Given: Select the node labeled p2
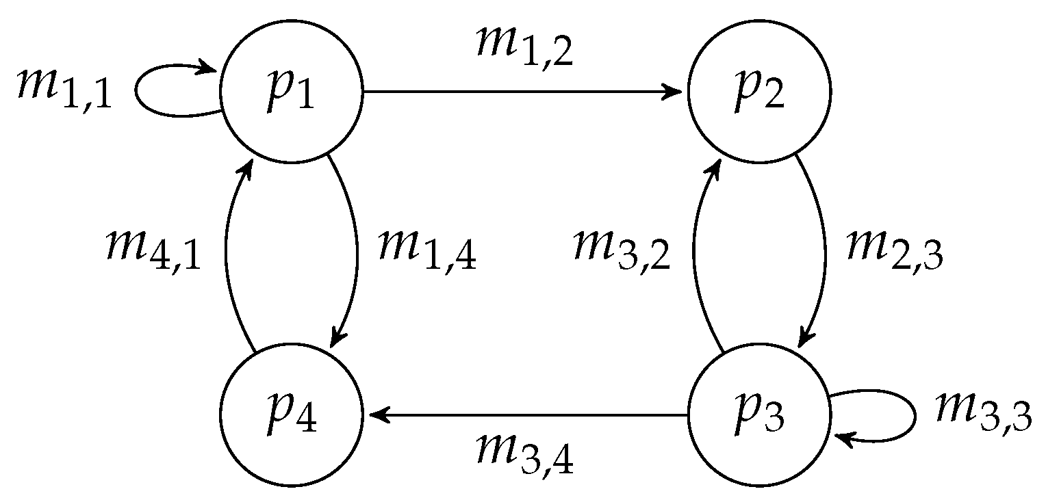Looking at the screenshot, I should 758,92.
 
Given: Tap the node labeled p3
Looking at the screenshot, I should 758,415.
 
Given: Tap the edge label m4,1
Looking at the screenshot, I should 153,250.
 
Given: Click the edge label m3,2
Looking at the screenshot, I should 622,250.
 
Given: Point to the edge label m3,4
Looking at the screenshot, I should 524,457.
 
